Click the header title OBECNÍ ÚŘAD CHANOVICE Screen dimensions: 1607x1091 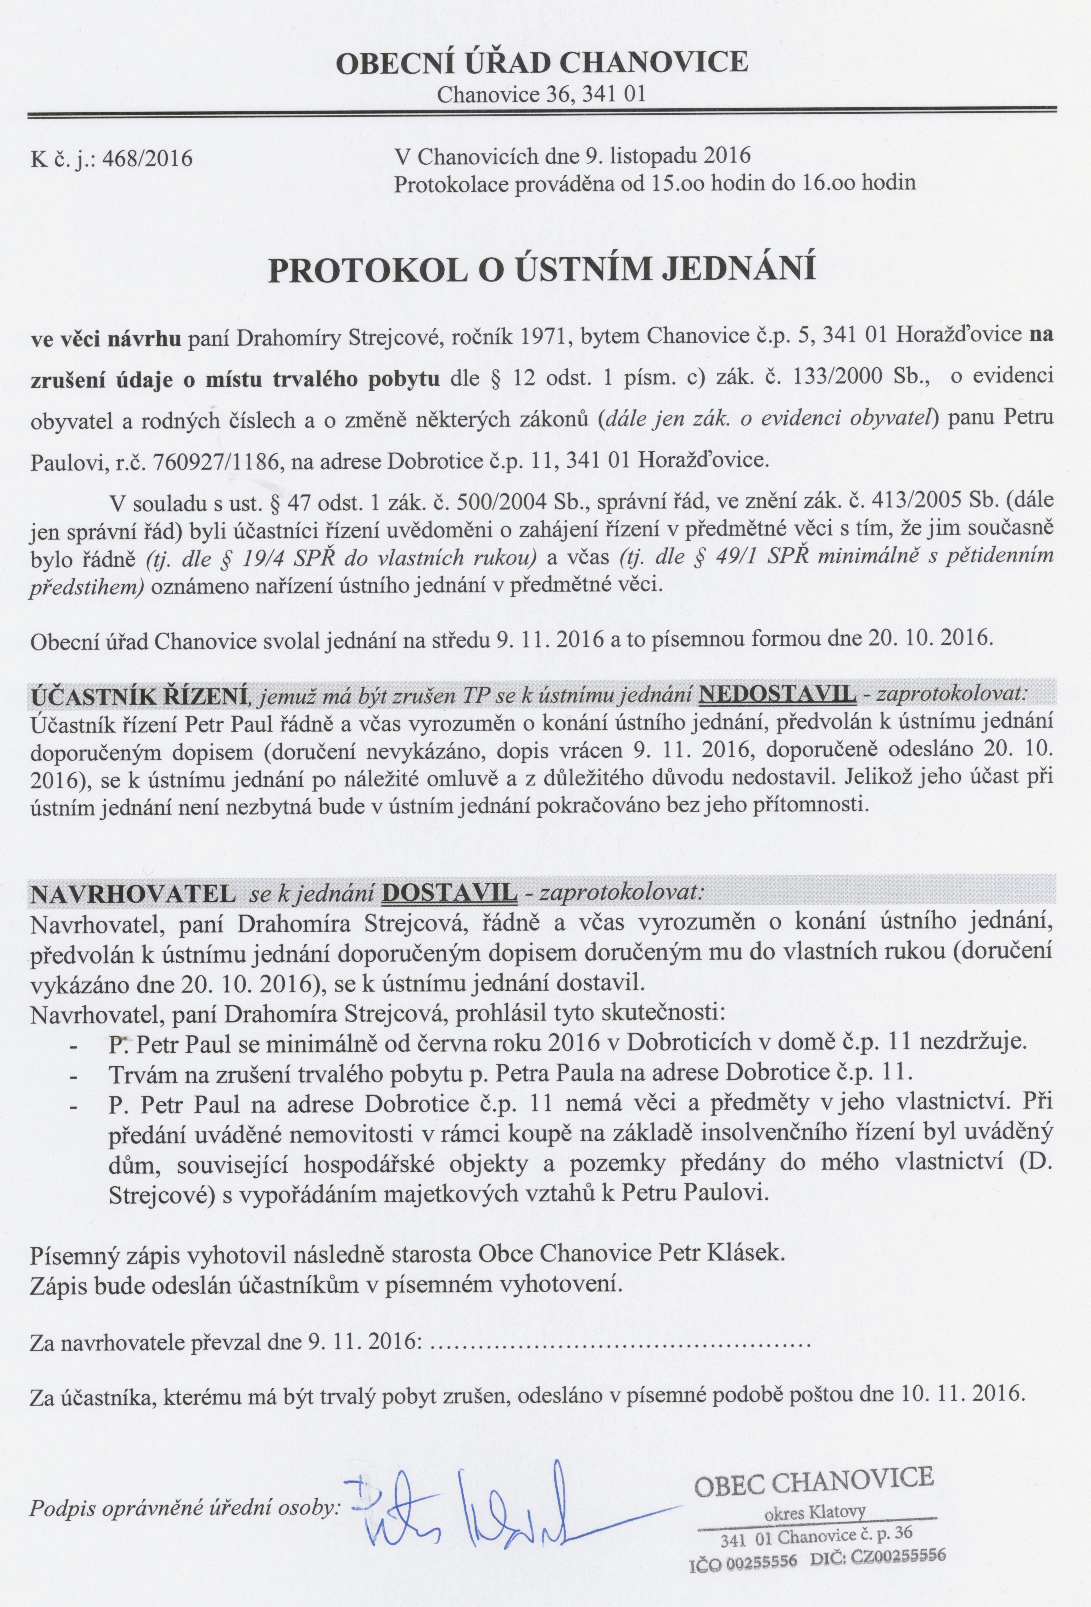[541, 62]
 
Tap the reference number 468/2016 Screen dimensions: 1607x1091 [147, 159]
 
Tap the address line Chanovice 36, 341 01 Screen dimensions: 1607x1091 [541, 94]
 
